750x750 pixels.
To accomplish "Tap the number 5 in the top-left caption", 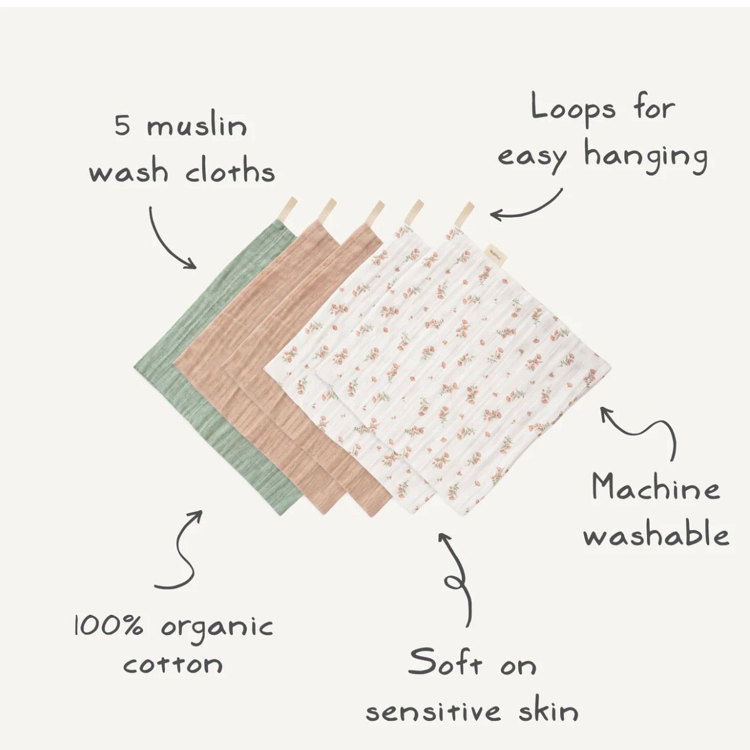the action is (x=122, y=126).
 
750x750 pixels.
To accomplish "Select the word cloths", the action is (x=229, y=171).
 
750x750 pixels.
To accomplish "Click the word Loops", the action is (x=574, y=109).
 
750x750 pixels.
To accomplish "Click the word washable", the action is (x=656, y=535).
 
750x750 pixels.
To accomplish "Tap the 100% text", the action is (x=109, y=626).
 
